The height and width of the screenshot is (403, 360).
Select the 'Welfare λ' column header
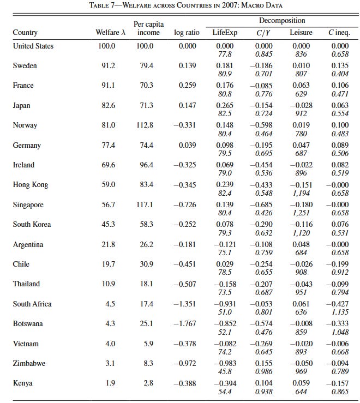pyautogui.click(x=111, y=33)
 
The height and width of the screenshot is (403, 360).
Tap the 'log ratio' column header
pyautogui.click(x=187, y=33)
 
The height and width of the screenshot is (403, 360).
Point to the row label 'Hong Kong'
pyautogui.click(x=31, y=185)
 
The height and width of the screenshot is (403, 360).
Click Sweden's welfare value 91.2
pyautogui.click(x=109, y=65)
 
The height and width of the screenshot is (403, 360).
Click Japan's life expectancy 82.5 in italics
pyautogui.click(x=225, y=113)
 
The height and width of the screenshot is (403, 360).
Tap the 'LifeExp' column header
pyautogui.click(x=225, y=33)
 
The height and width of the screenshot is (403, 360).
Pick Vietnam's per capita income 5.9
pyautogui.click(x=146, y=344)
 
